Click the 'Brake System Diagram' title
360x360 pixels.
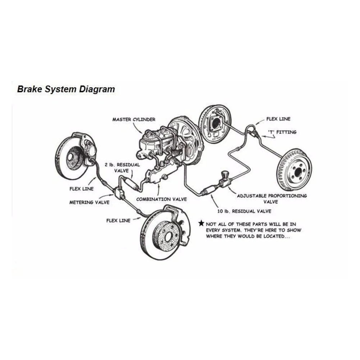point(66,89)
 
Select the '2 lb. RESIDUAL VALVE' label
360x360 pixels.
point(122,168)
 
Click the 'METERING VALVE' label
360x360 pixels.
point(89,202)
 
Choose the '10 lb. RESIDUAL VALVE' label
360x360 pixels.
point(244,211)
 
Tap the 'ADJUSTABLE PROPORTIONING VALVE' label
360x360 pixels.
point(272,199)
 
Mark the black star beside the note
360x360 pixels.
point(201,223)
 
